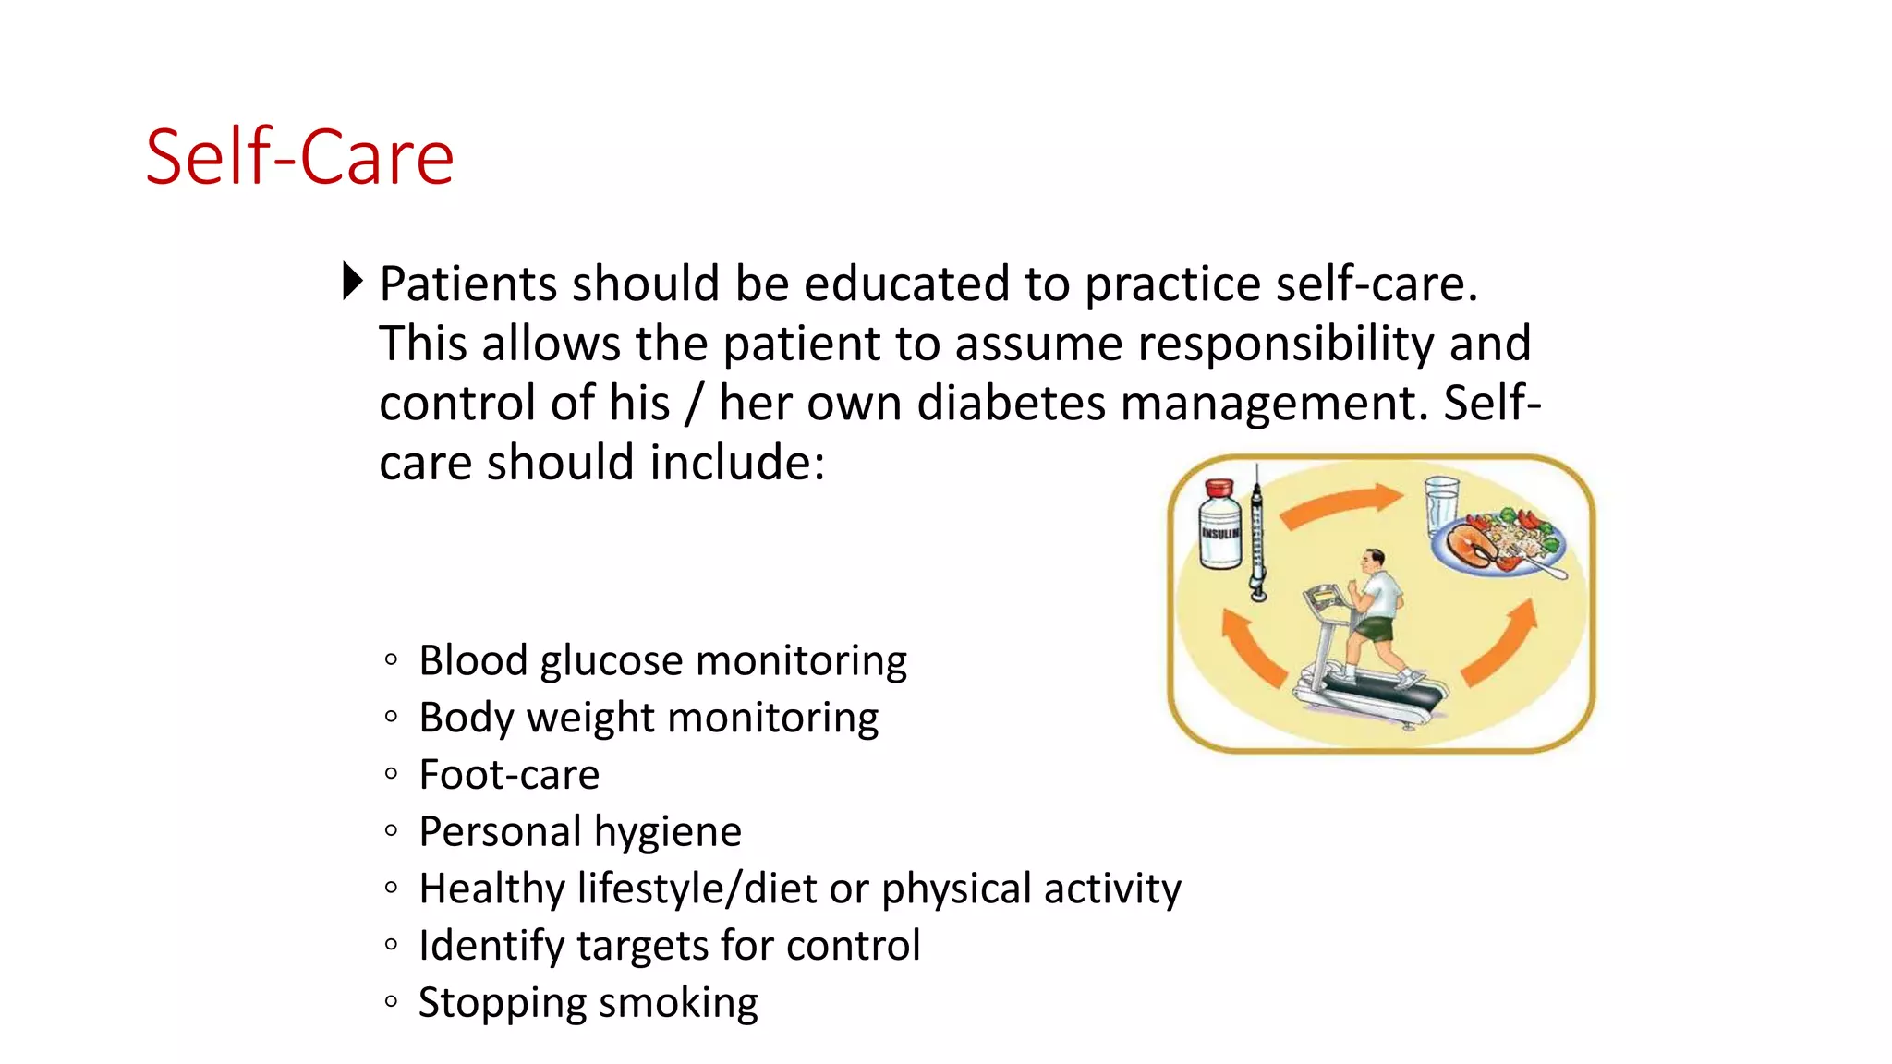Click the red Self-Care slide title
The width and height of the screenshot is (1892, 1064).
coord(299,157)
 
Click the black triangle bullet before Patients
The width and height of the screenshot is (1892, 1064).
coord(352,281)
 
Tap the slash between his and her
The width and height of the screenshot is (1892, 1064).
coord(694,404)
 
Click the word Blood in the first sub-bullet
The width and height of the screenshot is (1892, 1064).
coord(472,661)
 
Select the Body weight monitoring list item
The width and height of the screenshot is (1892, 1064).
coord(648,718)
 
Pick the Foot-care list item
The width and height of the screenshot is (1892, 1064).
coord(509,775)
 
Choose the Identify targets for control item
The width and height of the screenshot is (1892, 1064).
coord(669,946)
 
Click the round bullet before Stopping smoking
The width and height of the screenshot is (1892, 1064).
coord(391,1001)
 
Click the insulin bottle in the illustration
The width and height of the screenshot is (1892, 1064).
coord(1219,526)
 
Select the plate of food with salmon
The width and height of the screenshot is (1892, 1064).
coord(1498,545)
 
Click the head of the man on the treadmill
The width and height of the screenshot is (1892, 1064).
coord(1374,560)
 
